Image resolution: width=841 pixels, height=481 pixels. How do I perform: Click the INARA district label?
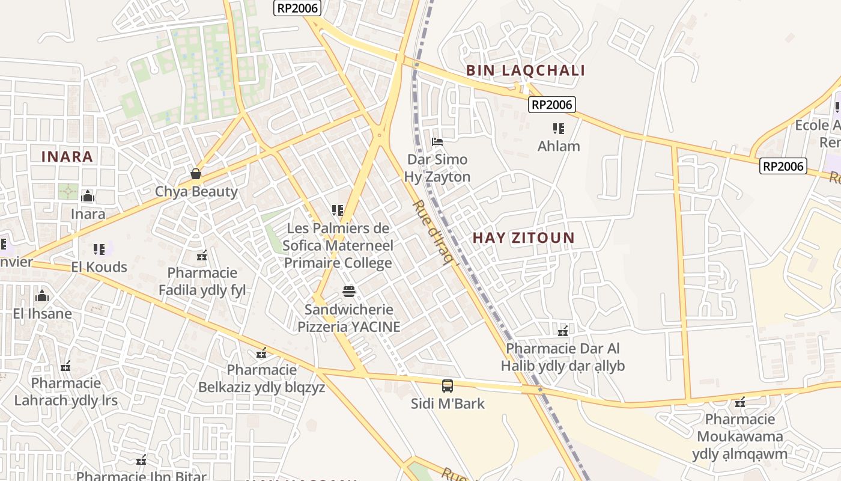click(x=67, y=157)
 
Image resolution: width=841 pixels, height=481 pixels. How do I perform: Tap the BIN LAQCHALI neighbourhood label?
click(x=526, y=71)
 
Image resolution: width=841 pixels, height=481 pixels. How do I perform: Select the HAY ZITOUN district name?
click(x=523, y=238)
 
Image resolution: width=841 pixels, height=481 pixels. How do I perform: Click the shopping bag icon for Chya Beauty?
click(x=196, y=174)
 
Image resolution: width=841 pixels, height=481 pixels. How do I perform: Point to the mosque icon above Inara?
click(x=88, y=196)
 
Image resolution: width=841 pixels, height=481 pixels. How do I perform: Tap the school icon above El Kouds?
click(x=99, y=249)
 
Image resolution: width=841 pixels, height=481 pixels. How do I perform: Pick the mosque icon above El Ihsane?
click(x=42, y=296)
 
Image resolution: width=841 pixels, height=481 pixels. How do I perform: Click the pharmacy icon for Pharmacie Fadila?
click(x=202, y=256)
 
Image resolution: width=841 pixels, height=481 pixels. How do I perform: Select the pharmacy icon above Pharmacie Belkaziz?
click(x=261, y=352)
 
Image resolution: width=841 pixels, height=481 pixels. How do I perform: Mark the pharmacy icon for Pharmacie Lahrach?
click(x=65, y=366)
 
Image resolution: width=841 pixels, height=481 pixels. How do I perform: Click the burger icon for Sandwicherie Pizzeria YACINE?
click(x=349, y=292)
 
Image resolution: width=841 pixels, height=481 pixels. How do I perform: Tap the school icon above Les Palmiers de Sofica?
click(x=337, y=210)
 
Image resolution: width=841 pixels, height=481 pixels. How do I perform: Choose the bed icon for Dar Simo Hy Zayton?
click(x=438, y=142)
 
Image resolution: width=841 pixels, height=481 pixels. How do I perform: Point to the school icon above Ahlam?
click(x=559, y=129)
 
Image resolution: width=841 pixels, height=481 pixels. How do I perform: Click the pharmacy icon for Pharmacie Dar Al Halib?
click(x=563, y=331)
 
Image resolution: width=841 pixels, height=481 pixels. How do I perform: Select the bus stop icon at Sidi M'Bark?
click(x=448, y=386)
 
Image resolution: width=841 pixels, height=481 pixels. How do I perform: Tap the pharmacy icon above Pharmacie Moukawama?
click(x=740, y=402)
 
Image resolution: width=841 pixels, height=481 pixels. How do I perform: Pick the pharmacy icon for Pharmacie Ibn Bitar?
click(x=141, y=461)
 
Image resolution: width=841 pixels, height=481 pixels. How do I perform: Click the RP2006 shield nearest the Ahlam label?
click(x=552, y=105)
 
